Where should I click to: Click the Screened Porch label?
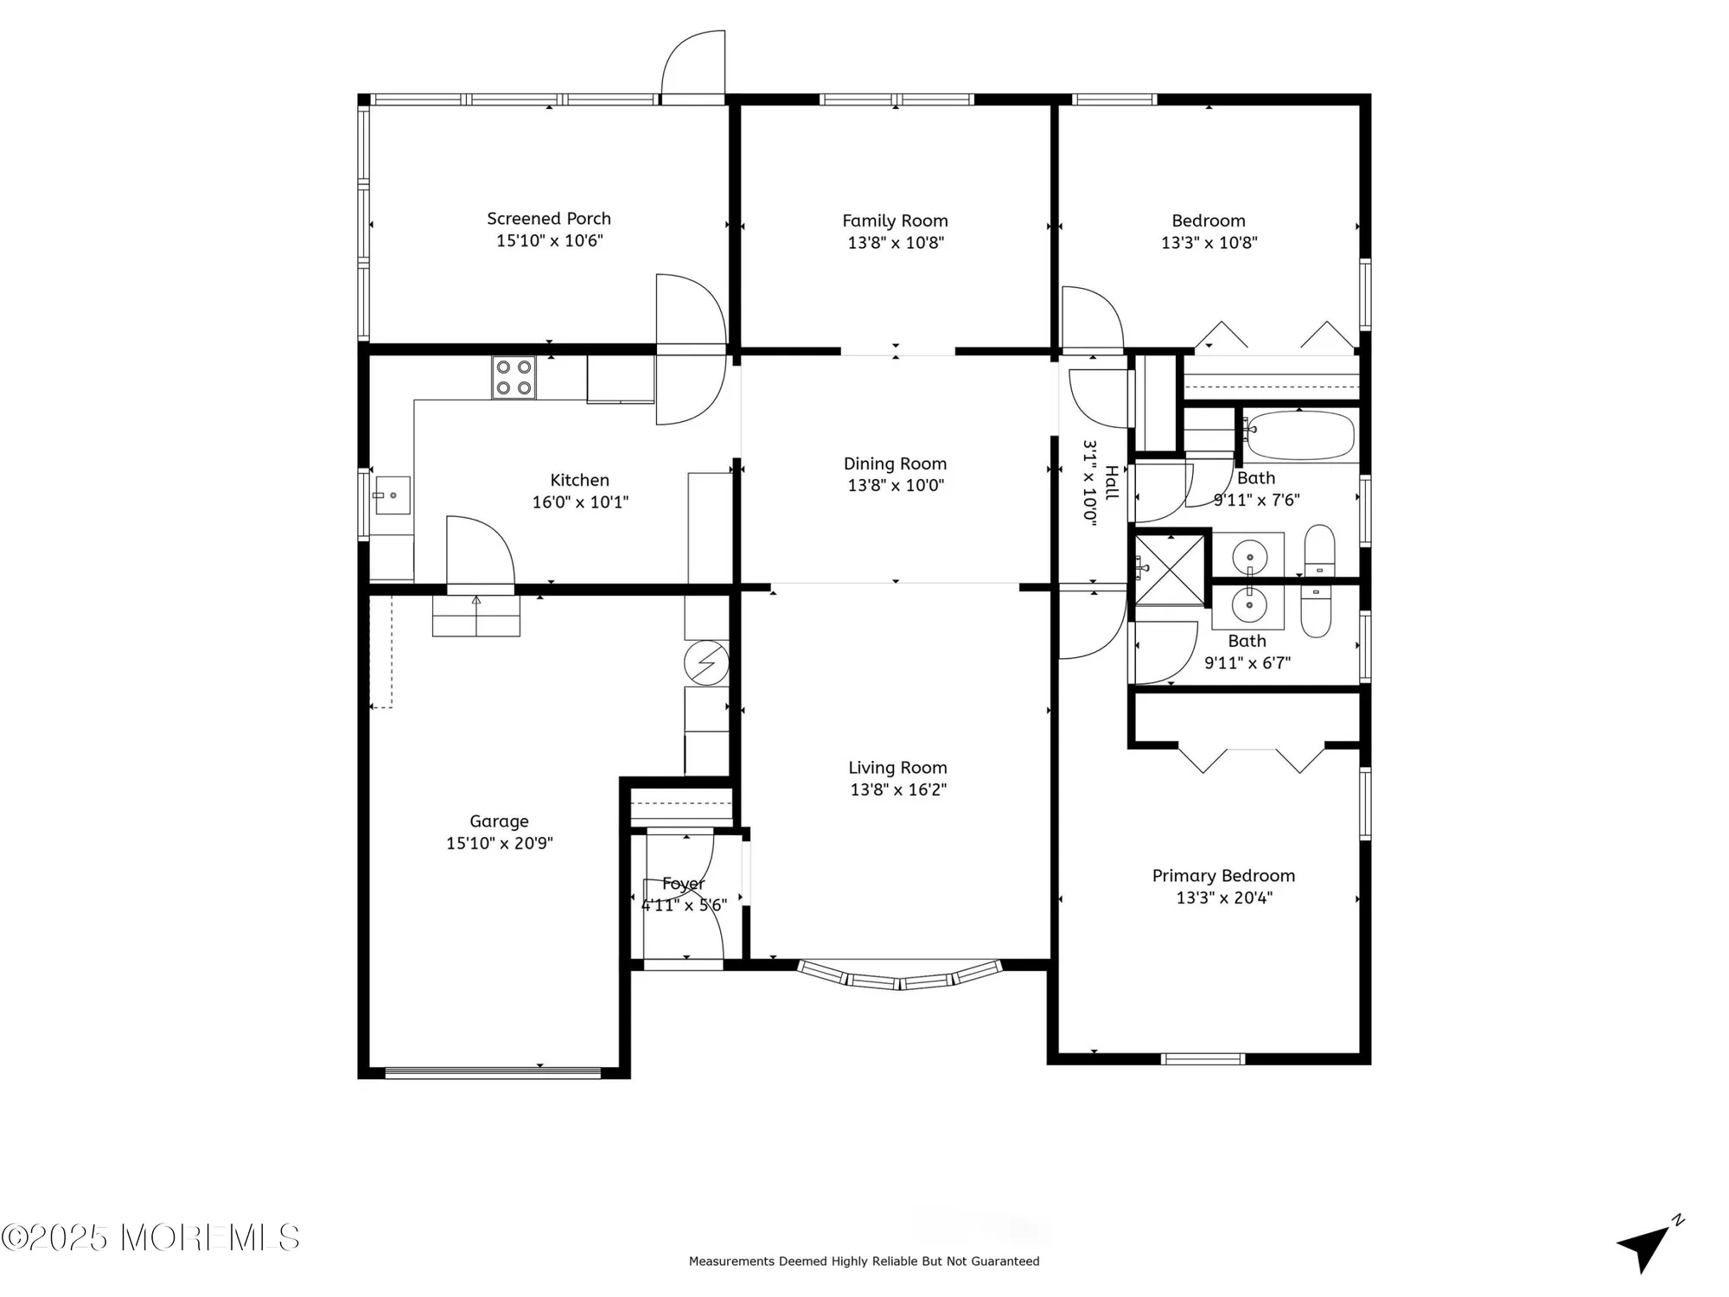(x=548, y=219)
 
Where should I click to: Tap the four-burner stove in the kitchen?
(x=514, y=378)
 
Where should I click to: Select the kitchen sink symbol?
(x=392, y=495)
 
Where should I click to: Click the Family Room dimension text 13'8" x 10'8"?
(x=895, y=243)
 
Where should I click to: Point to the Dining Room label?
(x=895, y=463)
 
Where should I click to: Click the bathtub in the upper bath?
(x=1299, y=435)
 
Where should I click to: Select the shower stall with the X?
(x=1169, y=568)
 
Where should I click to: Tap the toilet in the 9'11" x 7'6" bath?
(x=1319, y=549)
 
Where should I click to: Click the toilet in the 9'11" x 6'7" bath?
(x=1316, y=611)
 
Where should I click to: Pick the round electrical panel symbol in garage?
(x=705, y=663)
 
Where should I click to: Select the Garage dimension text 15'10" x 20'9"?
(x=499, y=843)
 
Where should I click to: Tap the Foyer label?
(x=683, y=884)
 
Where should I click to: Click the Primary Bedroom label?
(x=1222, y=876)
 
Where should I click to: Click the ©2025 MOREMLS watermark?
(x=150, y=1237)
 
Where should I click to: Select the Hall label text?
(x=1112, y=482)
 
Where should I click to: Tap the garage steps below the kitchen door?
(x=476, y=617)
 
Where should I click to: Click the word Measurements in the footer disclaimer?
(x=731, y=1262)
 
